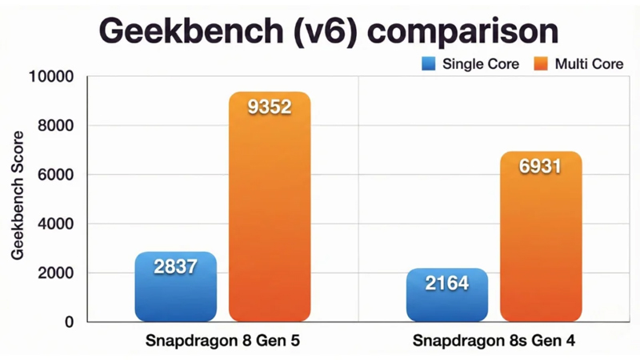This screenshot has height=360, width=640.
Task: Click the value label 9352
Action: tap(270, 107)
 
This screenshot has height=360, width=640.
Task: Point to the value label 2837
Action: tap(177, 267)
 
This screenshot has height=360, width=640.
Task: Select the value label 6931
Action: tap(541, 166)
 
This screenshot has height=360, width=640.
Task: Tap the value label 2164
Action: tap(447, 284)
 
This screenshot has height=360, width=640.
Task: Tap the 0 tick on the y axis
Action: tap(69, 322)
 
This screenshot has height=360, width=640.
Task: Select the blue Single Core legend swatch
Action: tap(430, 63)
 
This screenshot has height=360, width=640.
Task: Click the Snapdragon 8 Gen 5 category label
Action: tap(223, 342)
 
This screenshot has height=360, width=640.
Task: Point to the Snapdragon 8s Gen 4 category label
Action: tap(494, 342)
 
